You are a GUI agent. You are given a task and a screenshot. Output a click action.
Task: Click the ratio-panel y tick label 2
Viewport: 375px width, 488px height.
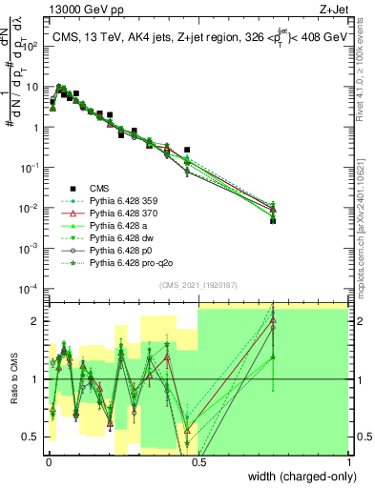[35, 321]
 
